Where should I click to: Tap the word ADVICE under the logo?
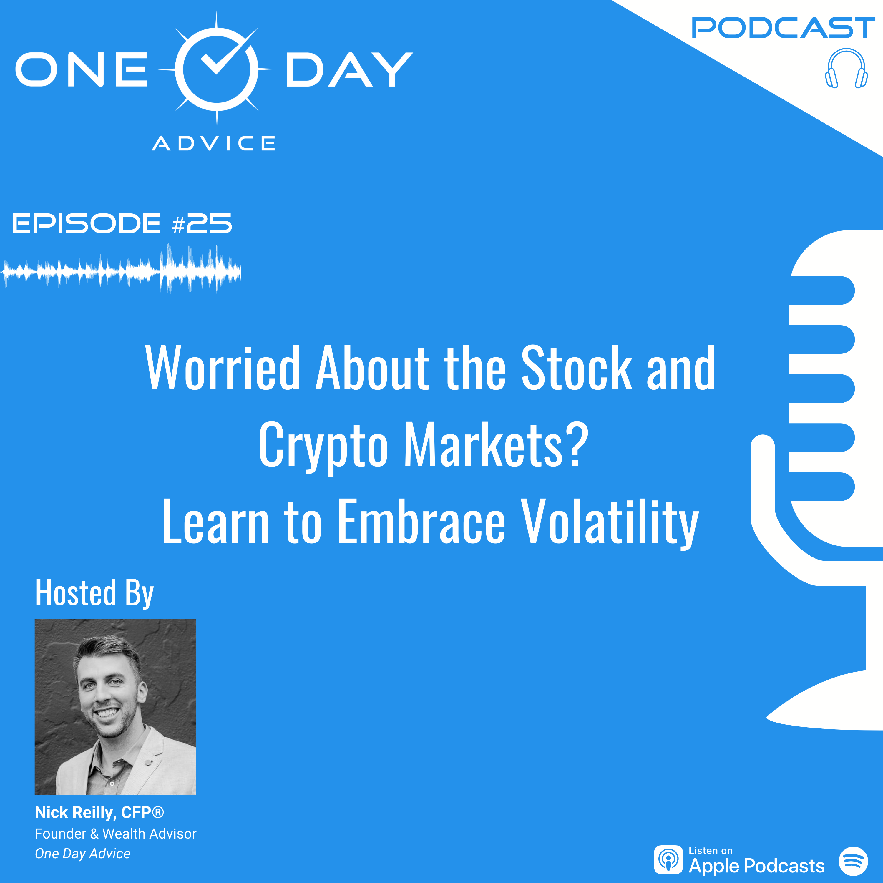pos(213,144)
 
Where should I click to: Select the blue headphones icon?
pos(847,69)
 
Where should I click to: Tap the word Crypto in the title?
pos(323,445)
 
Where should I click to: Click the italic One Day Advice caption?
pos(83,853)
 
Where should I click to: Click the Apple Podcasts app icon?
pos(668,860)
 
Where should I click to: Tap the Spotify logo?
pos(853,861)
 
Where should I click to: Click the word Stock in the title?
pos(577,369)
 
